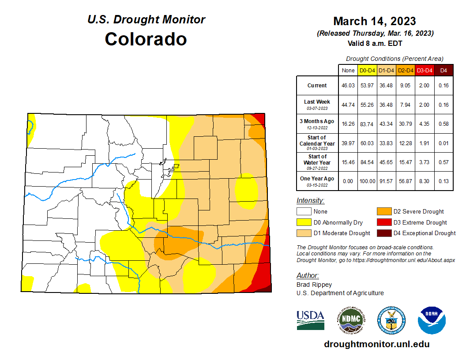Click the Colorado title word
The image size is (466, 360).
(146, 39)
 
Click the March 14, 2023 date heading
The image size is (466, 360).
(374, 21)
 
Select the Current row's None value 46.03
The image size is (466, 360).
(348, 86)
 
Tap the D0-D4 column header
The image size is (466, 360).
(367, 70)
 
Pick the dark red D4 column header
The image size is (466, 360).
(443, 70)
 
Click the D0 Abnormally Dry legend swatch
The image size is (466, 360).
(304, 222)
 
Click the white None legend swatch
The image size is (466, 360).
(304, 212)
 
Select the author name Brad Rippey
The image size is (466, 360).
(314, 285)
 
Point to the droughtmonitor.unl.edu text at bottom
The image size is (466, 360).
(376, 344)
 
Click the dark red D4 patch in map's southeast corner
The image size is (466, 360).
(267, 289)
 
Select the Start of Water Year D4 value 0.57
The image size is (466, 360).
(443, 162)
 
